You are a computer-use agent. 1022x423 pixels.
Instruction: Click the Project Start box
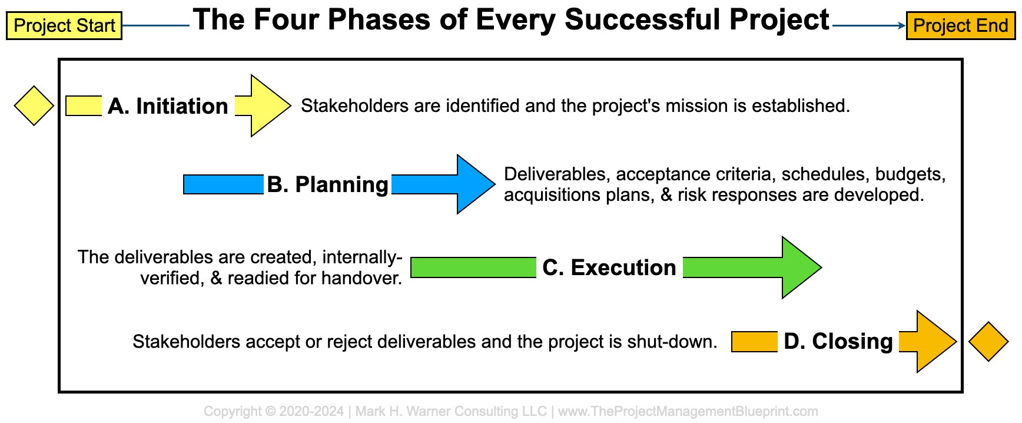[x=64, y=26]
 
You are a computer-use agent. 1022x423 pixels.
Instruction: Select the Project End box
[x=961, y=26]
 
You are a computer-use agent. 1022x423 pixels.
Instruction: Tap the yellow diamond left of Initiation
[x=34, y=106]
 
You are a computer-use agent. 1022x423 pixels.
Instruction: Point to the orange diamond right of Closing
[x=988, y=342]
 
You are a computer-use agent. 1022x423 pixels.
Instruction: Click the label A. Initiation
[x=168, y=106]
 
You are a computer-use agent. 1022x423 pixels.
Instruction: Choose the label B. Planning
[x=327, y=184]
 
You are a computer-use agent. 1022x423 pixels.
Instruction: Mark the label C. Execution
[x=609, y=267]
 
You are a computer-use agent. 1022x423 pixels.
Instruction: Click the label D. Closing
[x=838, y=342]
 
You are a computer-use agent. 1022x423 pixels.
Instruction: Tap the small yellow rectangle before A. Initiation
[x=84, y=106]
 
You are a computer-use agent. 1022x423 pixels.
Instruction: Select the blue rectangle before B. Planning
[x=224, y=184]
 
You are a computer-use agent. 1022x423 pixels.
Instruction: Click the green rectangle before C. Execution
[x=473, y=267]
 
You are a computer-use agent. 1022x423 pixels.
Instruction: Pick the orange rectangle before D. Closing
[x=755, y=342]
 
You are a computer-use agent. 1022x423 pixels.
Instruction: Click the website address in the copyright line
[x=688, y=411]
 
